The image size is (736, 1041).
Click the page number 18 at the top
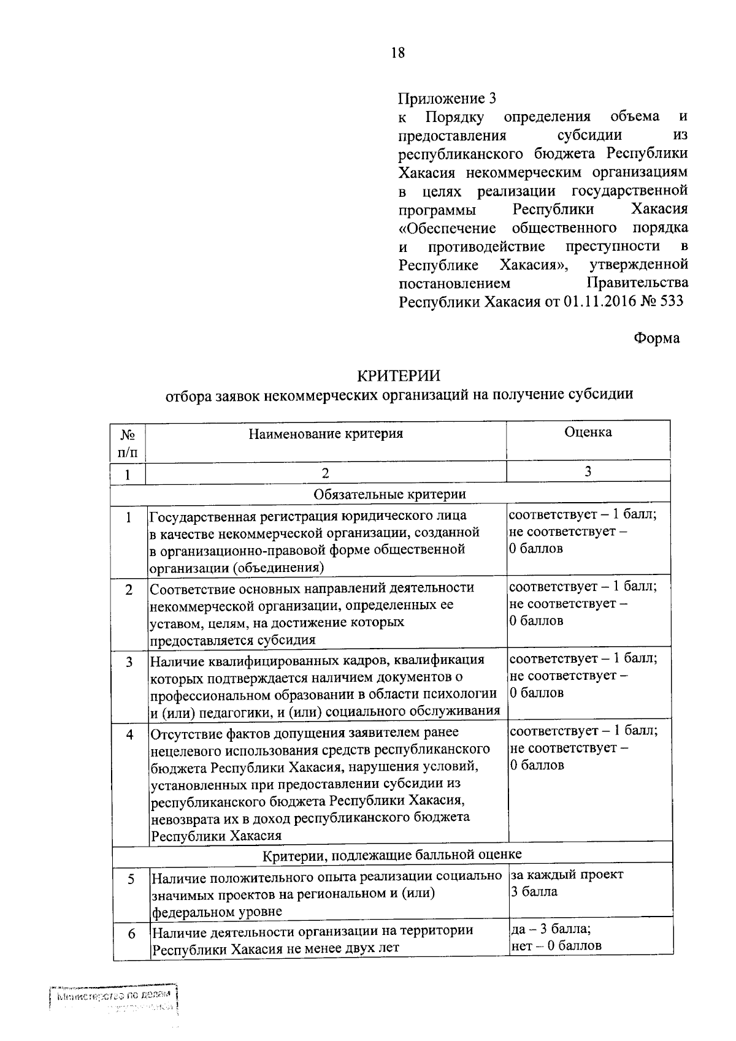398,53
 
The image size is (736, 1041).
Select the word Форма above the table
656,338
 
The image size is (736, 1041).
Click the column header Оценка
588,432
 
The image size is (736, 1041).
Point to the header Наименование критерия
326,434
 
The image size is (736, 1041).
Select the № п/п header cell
128,443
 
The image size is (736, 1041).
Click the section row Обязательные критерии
389,494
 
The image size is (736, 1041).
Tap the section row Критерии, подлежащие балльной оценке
393,854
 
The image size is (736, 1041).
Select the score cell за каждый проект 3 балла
567,883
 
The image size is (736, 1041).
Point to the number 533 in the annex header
669,301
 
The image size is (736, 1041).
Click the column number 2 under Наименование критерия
325,473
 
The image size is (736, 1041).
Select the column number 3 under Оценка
588,471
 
